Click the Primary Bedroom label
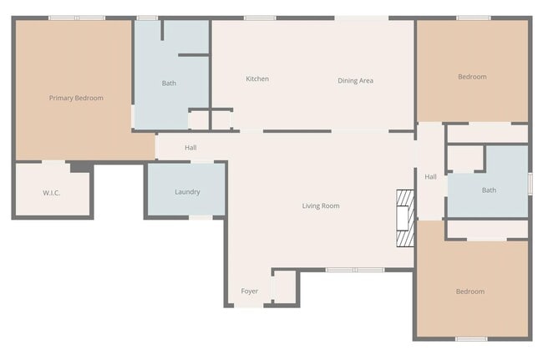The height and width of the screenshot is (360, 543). click(76, 99)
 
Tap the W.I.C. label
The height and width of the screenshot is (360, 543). click(52, 193)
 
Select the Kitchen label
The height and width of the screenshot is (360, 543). click(257, 79)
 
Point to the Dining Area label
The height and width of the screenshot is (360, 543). click(355, 81)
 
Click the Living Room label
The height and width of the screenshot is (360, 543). click(321, 205)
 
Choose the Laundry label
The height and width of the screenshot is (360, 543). click(187, 192)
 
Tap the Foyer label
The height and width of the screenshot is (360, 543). click(250, 292)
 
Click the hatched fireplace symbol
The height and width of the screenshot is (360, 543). click(404, 218)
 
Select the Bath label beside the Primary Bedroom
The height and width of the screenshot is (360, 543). click(169, 84)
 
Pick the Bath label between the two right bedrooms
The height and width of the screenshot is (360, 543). click(489, 190)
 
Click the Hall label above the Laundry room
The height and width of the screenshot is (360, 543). click(190, 148)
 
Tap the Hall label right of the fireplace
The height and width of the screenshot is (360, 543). click(430, 177)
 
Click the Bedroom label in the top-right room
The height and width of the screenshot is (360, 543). click(472, 77)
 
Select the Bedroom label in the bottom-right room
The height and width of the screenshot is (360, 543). click(470, 292)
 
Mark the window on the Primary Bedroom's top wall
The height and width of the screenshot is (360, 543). click(77, 18)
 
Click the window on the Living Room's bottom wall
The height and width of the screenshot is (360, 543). click(355, 270)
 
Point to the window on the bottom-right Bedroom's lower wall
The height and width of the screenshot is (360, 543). click(471, 339)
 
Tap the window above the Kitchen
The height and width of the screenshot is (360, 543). click(260, 18)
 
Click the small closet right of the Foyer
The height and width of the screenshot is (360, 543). click(285, 286)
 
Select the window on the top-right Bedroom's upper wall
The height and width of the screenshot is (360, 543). click(474, 18)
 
